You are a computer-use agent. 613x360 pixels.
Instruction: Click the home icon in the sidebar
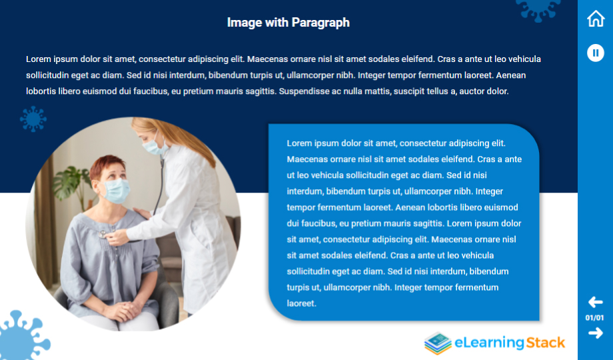[x=596, y=19]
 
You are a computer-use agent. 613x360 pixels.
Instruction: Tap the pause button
[x=596, y=53]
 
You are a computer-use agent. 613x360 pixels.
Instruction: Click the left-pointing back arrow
[x=595, y=302]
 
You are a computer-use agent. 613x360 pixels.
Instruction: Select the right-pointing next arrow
[x=596, y=333]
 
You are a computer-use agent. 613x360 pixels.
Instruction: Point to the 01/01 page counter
[x=594, y=318]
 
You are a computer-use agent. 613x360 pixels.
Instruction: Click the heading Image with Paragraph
[x=288, y=23]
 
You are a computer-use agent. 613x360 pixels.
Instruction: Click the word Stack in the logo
[x=545, y=343]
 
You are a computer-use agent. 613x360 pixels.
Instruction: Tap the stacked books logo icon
[x=438, y=343]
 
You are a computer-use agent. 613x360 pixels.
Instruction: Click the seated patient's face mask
[x=116, y=191]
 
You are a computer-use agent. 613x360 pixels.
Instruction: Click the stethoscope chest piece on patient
[x=103, y=235]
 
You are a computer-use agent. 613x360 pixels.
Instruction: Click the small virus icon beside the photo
[x=33, y=119]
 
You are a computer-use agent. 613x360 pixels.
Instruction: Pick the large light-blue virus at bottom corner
[x=21, y=337]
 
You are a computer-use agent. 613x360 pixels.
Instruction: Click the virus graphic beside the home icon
[x=538, y=9]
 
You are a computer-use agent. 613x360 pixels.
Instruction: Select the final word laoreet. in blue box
[x=301, y=303]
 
